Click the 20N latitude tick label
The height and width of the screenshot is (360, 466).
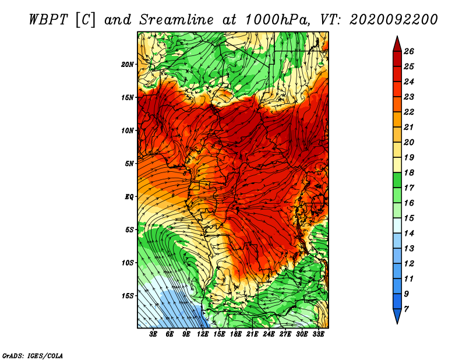click(127, 65)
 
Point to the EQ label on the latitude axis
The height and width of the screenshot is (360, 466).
click(129, 197)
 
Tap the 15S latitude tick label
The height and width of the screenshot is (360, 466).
click(127, 296)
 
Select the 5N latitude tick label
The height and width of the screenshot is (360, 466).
click(129, 164)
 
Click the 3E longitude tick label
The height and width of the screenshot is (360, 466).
click(153, 334)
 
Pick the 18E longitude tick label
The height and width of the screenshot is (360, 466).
click(236, 334)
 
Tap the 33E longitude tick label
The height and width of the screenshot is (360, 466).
click(318, 334)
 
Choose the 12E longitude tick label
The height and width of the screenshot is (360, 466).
click(203, 334)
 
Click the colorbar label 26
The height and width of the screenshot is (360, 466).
click(409, 51)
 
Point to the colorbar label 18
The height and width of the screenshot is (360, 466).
click(409, 172)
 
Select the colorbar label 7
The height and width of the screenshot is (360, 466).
click(406, 309)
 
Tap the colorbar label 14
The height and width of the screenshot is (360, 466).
click(409, 234)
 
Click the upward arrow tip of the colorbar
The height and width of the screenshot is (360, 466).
click(397, 36)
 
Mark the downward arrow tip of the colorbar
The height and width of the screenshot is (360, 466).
click(397, 323)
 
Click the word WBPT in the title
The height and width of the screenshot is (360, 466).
click(48, 20)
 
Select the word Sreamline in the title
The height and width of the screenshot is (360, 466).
click(176, 20)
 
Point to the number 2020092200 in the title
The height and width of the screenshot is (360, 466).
click(394, 20)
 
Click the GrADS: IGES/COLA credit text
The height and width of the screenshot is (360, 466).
click(33, 356)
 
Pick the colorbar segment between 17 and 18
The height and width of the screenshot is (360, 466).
click(397, 180)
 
